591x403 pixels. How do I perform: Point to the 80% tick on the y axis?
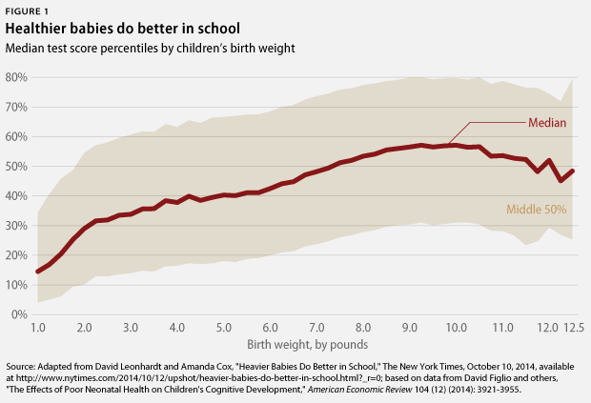point(19,78)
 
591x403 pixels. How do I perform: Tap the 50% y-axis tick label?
point(19,167)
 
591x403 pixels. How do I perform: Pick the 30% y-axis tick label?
point(19,226)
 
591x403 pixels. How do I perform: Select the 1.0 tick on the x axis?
point(38,328)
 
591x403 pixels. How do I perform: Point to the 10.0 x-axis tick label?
point(456,328)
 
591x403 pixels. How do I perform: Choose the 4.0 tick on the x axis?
point(177,328)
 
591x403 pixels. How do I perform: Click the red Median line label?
point(547,123)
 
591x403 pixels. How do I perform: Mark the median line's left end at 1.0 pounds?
point(38,272)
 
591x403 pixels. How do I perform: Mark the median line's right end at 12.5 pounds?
point(572,171)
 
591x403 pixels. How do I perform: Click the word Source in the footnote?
point(22,366)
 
